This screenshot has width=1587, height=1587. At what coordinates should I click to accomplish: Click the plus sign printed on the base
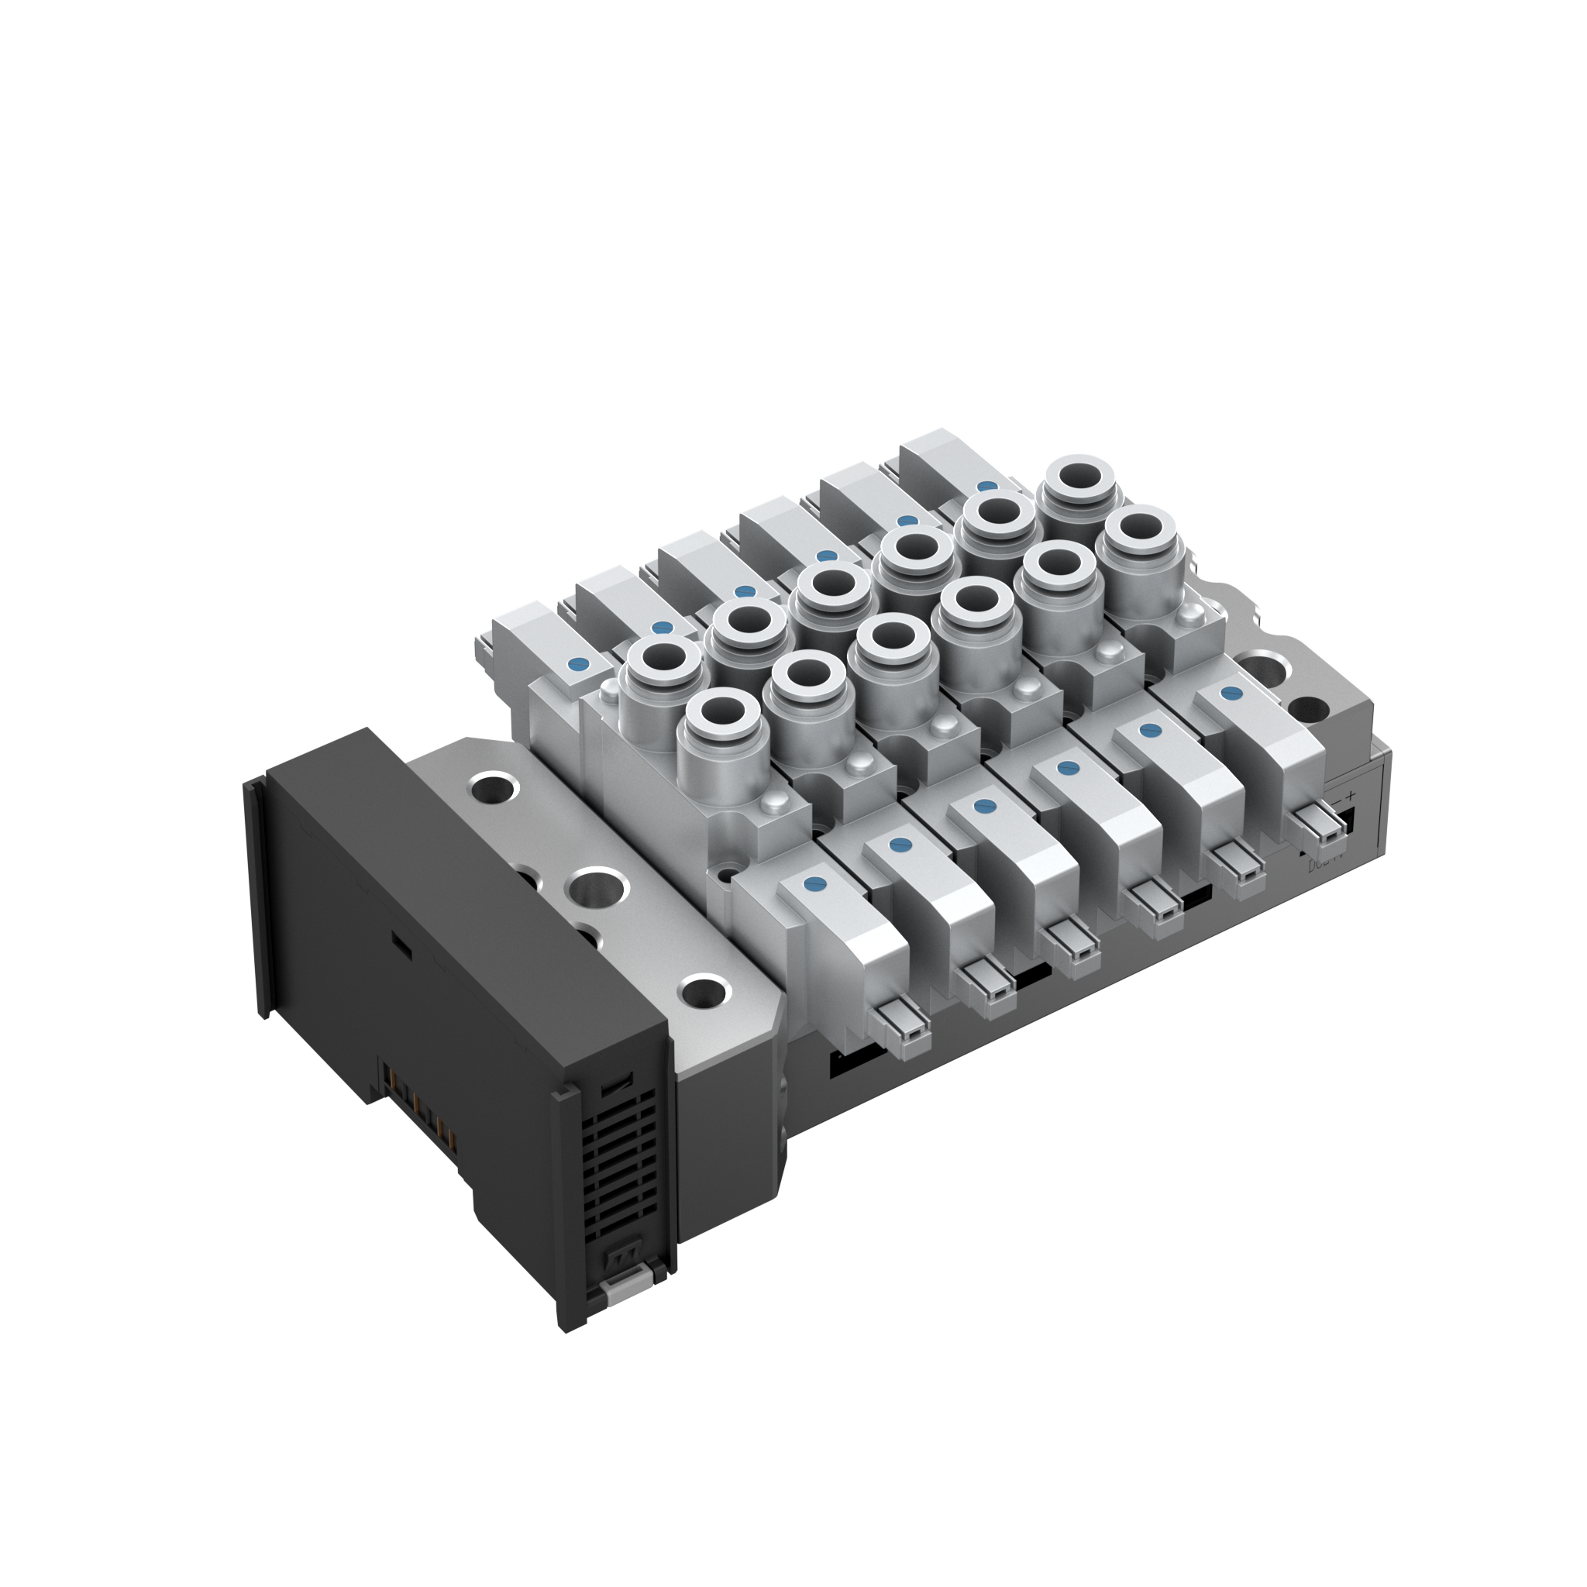coord(1350,794)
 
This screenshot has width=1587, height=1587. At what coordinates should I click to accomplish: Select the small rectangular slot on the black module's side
coord(400,944)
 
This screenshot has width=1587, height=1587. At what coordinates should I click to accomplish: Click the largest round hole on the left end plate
coord(601,888)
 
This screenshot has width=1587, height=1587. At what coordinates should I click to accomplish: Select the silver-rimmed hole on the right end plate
coord(1262,666)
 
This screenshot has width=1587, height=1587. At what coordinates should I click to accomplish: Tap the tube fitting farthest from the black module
coord(1079,480)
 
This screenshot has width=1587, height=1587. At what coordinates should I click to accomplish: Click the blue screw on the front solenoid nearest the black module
coord(815,884)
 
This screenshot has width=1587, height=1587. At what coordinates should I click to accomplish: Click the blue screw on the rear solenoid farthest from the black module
coord(986,487)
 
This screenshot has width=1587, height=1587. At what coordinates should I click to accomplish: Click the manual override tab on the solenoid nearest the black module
coord(899,1027)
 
